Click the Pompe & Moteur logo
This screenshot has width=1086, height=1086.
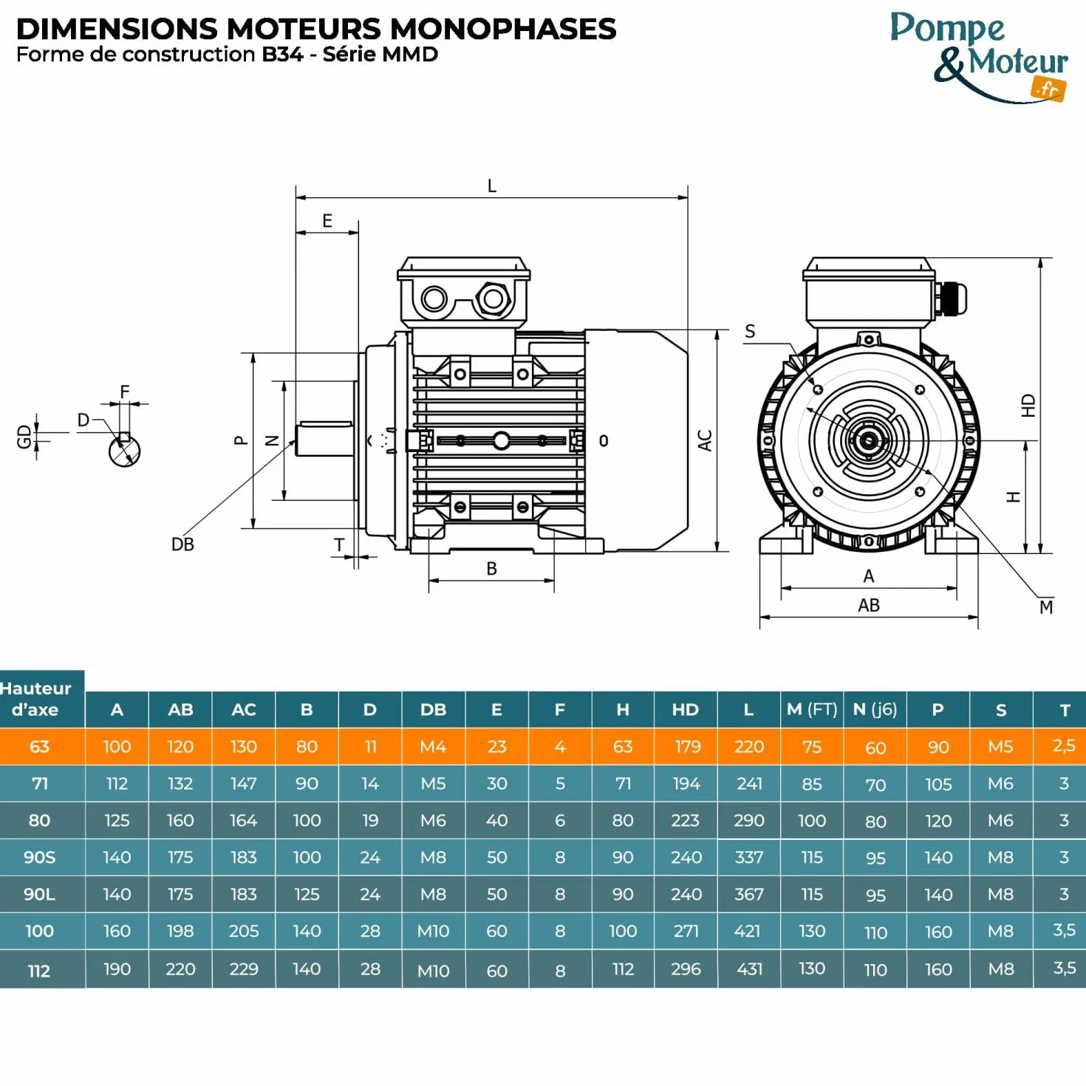coord(980,56)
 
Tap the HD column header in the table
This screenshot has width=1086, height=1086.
coord(686,709)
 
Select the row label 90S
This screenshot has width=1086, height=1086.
coord(39,857)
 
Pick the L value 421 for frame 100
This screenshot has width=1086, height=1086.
coord(748,930)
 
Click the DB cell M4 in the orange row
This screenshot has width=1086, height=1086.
coord(433,746)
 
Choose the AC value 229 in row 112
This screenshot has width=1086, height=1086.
coord(244,969)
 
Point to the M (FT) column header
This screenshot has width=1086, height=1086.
coord(811,709)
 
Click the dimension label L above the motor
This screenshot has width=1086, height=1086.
coord(492,186)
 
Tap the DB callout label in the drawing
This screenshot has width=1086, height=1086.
coord(182,544)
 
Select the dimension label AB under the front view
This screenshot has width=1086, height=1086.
coord(869,605)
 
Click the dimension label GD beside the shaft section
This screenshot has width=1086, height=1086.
coord(24,437)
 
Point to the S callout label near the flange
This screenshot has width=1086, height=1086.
coord(750,332)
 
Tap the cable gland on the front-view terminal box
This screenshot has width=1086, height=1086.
coord(950,298)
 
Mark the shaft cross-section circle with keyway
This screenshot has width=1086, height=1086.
coord(124,450)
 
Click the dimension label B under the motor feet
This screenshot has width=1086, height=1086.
coord(491,569)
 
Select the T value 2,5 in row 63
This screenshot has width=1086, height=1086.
coord(1064,745)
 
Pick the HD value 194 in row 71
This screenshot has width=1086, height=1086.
coord(686,783)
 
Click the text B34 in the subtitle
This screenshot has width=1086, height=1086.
coord(283,55)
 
